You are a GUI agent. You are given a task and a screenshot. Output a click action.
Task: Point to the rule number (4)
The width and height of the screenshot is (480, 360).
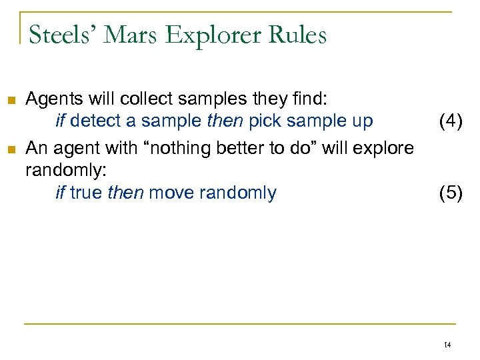[450, 121]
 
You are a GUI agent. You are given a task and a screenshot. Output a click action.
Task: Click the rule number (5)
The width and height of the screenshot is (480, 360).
[450, 193]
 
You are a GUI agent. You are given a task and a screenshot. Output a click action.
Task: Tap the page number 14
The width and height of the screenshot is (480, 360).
[447, 345]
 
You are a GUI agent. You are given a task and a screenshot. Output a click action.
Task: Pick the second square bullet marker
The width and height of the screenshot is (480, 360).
[10, 148]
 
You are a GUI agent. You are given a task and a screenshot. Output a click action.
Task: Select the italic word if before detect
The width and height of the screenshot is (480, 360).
[60, 121]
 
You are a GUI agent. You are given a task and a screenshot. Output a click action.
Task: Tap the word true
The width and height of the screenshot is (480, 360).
[85, 193]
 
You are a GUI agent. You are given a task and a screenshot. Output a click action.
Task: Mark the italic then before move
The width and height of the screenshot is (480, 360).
[125, 193]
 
